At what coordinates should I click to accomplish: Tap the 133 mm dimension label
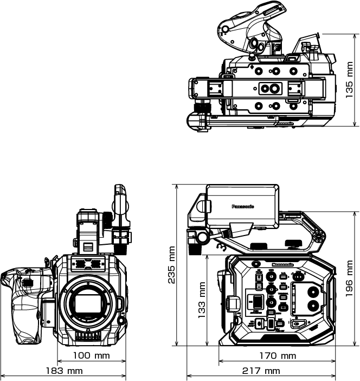coord(202,300)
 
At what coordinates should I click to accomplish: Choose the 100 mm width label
coord(92,357)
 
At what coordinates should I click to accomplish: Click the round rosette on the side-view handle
coord(318,236)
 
